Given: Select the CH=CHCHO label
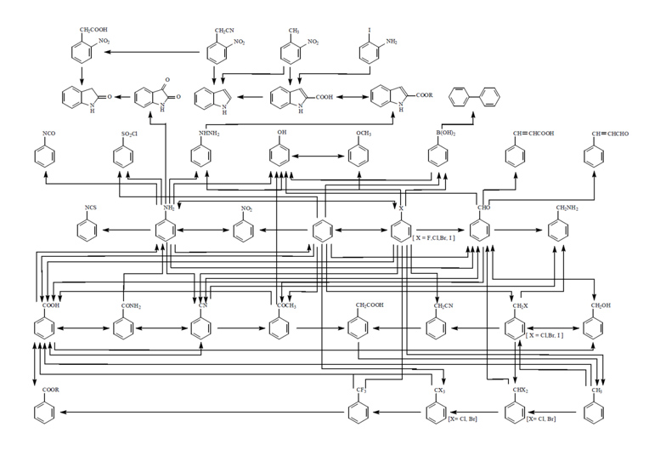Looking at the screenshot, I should [x=608, y=134].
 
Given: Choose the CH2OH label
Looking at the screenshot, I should [x=599, y=305].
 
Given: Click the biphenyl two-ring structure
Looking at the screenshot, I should [x=468, y=101].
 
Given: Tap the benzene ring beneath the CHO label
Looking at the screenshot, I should [x=480, y=231].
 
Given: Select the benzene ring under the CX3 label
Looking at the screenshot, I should [x=437, y=413].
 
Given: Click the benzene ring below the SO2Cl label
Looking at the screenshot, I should [x=123, y=157].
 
